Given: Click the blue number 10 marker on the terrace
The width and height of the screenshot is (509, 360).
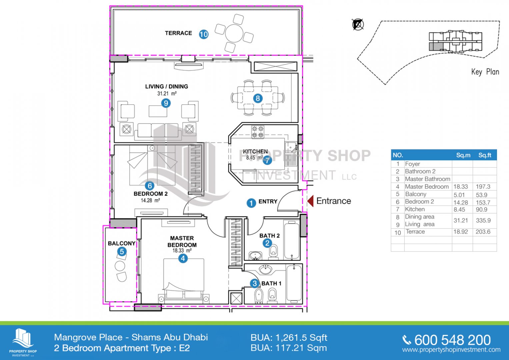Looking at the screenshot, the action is [x=204, y=34].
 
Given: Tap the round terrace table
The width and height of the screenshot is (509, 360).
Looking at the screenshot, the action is [x=234, y=33].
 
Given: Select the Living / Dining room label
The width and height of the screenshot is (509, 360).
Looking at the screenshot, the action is [x=167, y=86].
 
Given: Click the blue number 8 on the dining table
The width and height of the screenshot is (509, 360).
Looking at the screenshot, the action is [x=258, y=98].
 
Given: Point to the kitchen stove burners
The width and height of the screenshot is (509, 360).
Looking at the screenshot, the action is [x=258, y=132].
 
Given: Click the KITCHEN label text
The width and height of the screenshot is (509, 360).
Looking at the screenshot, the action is [x=255, y=151].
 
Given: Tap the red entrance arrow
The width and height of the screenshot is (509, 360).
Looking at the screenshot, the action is [x=310, y=201].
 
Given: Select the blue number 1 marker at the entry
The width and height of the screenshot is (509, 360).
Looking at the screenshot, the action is [x=251, y=203].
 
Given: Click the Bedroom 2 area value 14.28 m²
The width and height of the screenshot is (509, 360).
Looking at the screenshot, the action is [x=150, y=200].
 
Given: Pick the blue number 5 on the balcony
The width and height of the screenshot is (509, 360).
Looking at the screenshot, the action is [x=122, y=252].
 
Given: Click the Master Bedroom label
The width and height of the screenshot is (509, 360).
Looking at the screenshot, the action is [x=182, y=241].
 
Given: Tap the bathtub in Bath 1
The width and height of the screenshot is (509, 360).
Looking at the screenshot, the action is [x=294, y=284].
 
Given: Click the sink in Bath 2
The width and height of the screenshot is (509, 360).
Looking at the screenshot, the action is [x=255, y=255].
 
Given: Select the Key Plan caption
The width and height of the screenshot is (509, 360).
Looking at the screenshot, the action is [x=485, y=72].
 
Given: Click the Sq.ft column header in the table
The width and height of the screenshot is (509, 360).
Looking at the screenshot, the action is [x=485, y=155].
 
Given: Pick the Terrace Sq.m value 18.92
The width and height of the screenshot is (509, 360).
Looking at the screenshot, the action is [x=461, y=232].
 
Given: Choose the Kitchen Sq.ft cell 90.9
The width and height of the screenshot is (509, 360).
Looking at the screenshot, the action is [x=482, y=209].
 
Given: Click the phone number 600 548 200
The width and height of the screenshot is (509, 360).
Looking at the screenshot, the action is [x=452, y=340].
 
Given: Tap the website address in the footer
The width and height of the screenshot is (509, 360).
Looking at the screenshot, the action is [x=451, y=350].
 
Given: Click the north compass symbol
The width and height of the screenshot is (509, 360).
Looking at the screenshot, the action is [x=358, y=24].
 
